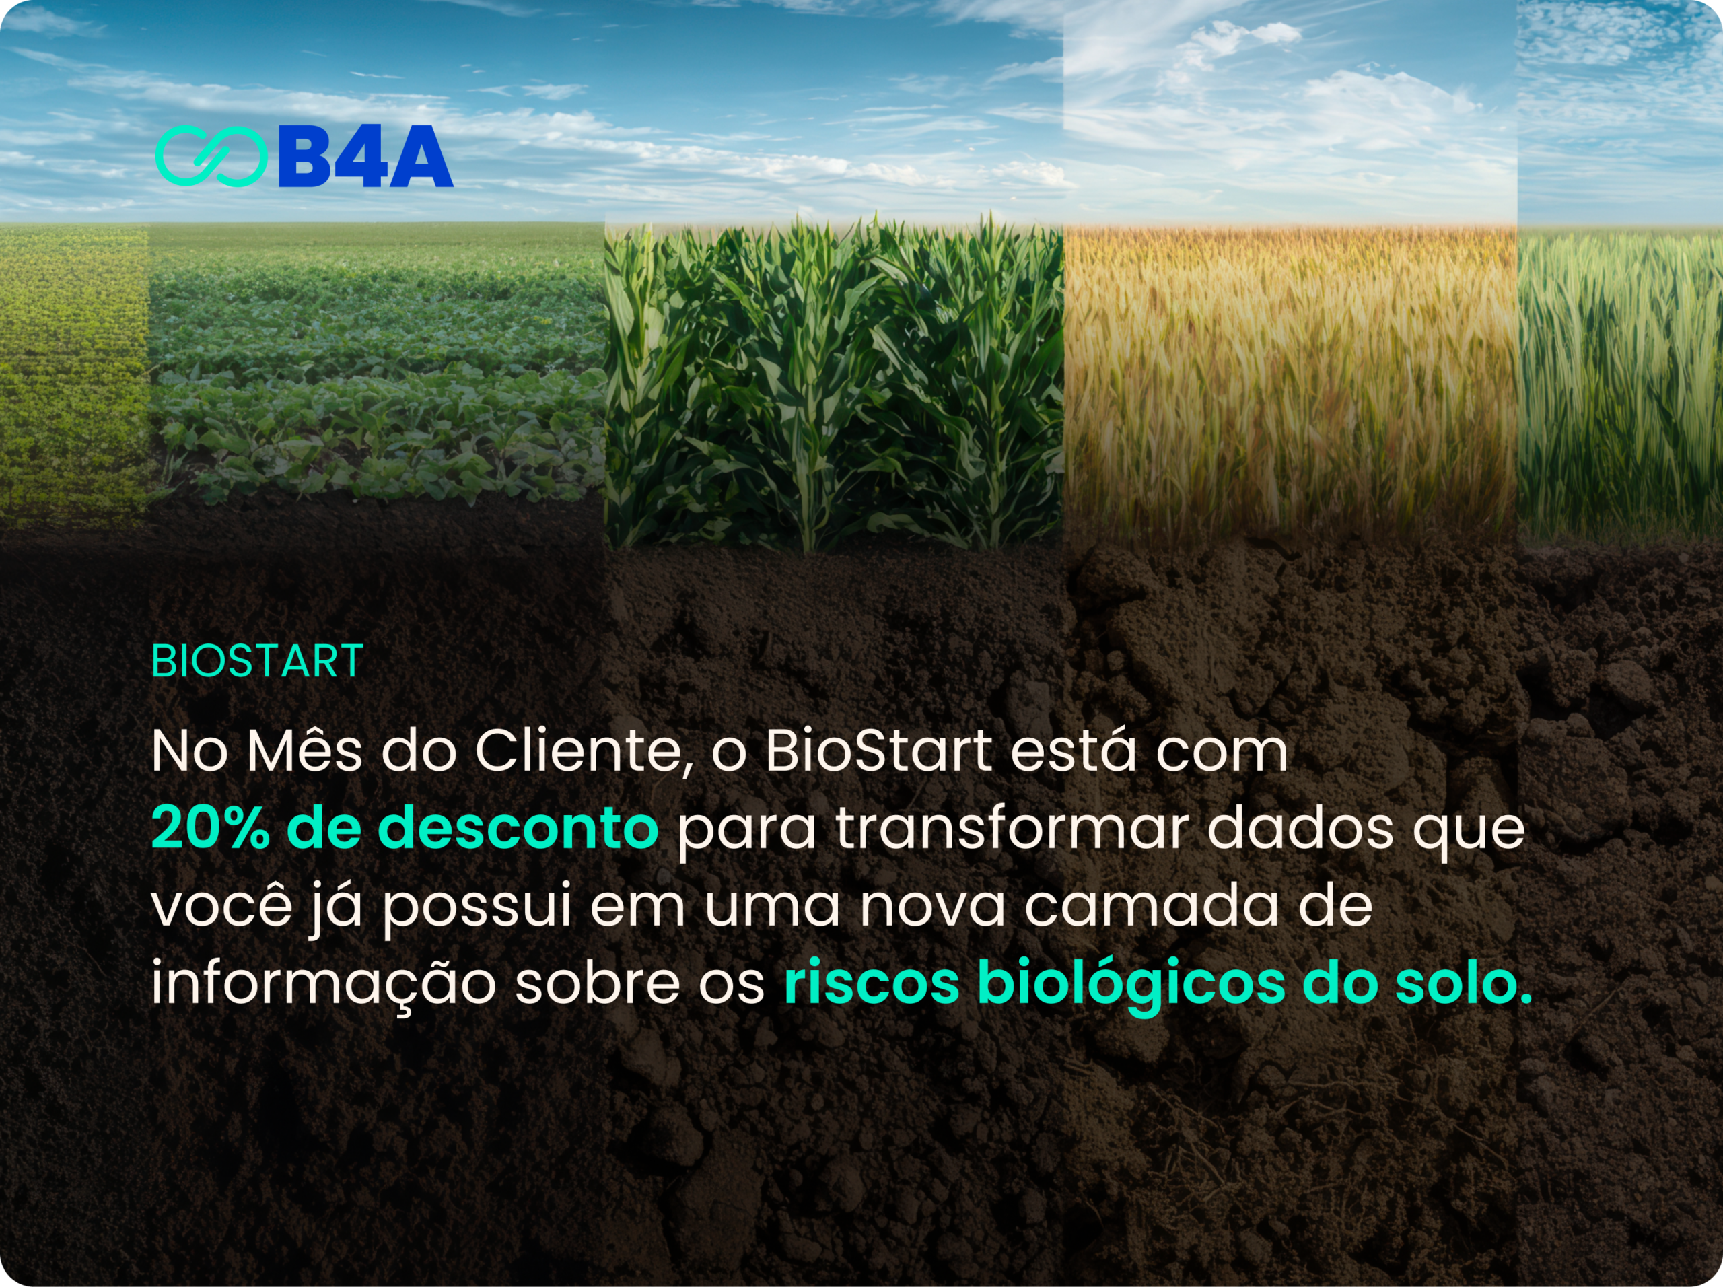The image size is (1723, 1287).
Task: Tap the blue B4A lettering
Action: click(365, 155)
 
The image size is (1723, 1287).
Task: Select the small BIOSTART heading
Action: click(257, 662)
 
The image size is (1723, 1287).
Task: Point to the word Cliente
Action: click(584, 753)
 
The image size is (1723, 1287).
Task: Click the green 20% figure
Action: click(210, 827)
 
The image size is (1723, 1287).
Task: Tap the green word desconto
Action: click(518, 827)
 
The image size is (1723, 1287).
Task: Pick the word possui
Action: click(477, 907)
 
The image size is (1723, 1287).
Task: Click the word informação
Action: click(323, 983)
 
